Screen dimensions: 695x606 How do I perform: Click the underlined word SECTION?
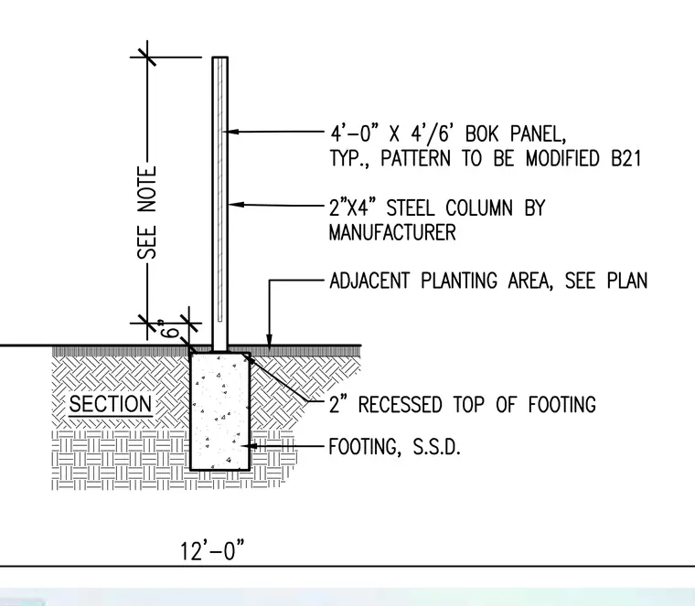(111, 404)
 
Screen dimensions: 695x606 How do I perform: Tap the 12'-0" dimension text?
(212, 550)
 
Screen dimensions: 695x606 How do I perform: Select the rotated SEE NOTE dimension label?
(147, 213)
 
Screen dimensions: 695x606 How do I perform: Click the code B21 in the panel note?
(625, 158)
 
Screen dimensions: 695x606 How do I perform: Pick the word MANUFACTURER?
(392, 232)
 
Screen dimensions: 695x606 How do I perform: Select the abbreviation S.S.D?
(436, 447)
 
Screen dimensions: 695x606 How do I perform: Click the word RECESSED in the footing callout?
(400, 404)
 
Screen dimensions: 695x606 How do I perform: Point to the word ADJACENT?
(369, 281)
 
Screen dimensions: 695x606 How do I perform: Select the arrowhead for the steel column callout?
(236, 204)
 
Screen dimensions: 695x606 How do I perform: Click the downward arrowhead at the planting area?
(269, 339)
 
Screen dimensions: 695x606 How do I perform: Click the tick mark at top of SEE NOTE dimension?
(146, 58)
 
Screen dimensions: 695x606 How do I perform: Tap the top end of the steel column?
(219, 58)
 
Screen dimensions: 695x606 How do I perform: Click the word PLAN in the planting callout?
(626, 281)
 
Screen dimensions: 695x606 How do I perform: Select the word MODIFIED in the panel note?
(562, 158)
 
